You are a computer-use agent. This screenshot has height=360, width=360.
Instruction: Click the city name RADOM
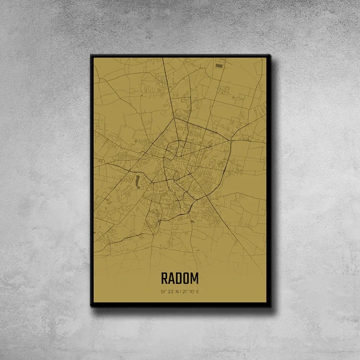pyautogui.click(x=180, y=278)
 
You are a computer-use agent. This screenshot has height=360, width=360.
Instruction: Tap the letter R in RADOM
pyautogui.click(x=165, y=278)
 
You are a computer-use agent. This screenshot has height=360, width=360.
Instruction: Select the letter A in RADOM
pyautogui.click(x=171, y=278)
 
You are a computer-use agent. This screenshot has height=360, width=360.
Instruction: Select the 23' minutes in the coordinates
pyautogui.click(x=170, y=291)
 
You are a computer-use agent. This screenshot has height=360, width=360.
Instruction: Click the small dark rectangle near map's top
pyautogui.click(x=219, y=65)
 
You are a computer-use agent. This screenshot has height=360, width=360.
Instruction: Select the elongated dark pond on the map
pyautogui.click(x=137, y=181)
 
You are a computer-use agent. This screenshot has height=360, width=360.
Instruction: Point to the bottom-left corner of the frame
pyautogui.click(x=91, y=305)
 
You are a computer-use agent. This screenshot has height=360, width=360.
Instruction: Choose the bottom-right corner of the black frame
pyautogui.click(x=270, y=305)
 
